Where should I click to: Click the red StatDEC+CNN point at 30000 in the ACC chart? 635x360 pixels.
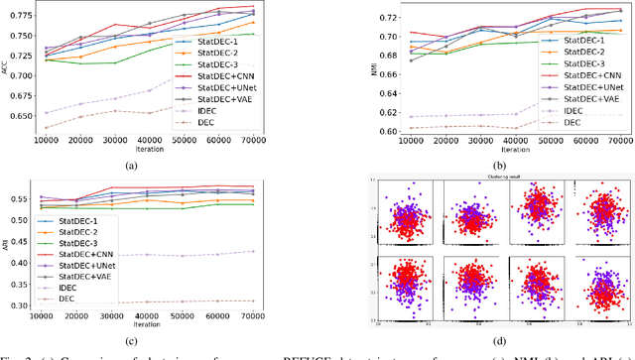tap(116, 25)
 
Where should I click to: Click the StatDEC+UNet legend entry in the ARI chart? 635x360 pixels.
tap(89, 266)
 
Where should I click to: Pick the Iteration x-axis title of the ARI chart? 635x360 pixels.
tap(146, 326)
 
